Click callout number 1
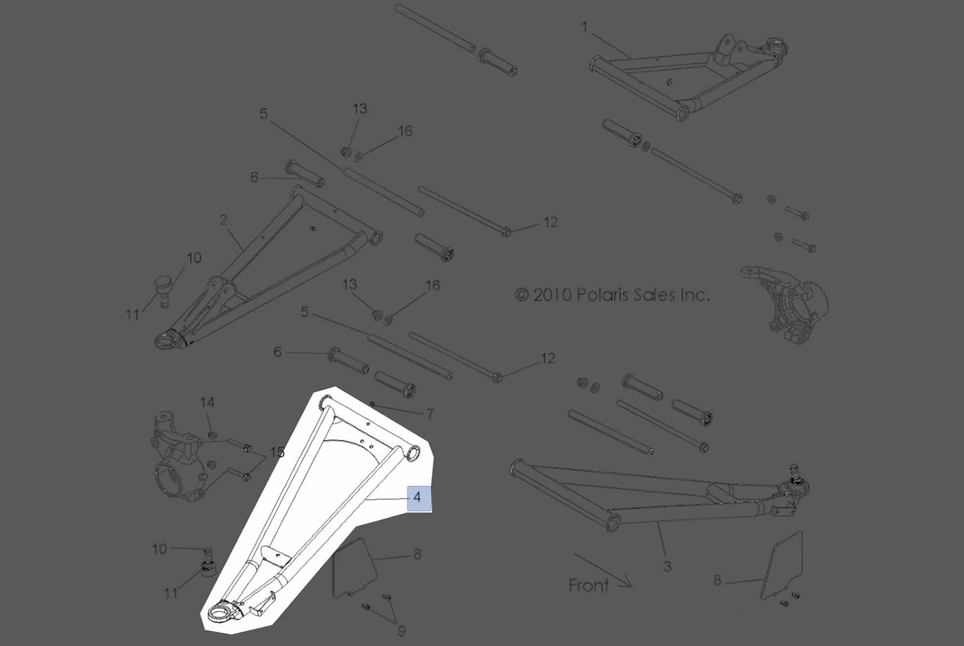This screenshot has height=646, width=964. [584, 27]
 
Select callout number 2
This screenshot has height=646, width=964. [223, 220]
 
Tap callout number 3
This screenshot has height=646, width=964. [667, 566]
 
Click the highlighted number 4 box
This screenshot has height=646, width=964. [418, 497]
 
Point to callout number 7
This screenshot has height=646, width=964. [430, 415]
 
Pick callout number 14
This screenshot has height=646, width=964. [207, 403]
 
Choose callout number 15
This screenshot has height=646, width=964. [277, 453]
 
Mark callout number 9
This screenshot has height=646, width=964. [402, 631]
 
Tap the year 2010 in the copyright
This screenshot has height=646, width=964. [552, 295]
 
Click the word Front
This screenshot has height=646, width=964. [589, 586]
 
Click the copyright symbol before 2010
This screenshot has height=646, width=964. [522, 295]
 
